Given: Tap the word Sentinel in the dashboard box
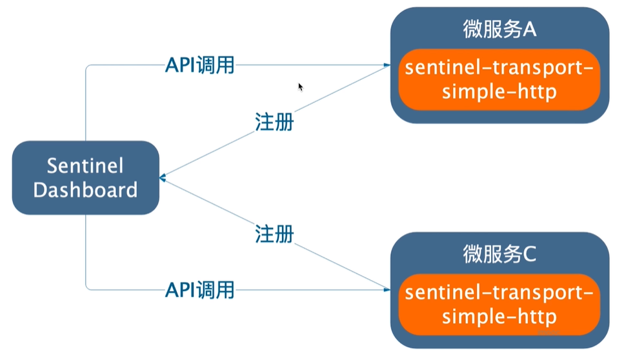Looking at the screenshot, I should (x=85, y=166).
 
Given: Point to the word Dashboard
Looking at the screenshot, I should (x=85, y=190).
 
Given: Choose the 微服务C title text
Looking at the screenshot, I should (x=500, y=255).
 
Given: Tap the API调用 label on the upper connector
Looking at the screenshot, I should (x=199, y=65).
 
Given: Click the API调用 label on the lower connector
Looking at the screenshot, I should (x=199, y=290).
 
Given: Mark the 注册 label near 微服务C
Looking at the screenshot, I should (x=274, y=234).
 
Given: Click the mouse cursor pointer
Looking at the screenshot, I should (x=300, y=86).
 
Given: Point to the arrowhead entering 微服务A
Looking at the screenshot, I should (x=387, y=65).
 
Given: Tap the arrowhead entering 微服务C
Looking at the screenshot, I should (x=387, y=290).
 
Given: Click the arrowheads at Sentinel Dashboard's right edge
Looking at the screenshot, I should (x=163, y=177).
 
